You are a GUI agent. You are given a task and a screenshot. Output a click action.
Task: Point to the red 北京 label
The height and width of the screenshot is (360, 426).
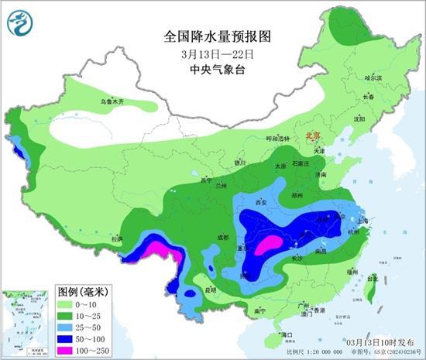point(312,135)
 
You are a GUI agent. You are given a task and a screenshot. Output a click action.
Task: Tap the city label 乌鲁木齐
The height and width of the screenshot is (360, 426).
point(112,102)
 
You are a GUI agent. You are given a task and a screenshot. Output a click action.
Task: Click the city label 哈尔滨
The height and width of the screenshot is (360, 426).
point(373,77)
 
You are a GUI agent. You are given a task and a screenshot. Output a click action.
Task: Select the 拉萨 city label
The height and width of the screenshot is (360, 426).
point(117,239)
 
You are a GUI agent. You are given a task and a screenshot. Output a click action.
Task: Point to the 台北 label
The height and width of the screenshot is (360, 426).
point(372,278)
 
